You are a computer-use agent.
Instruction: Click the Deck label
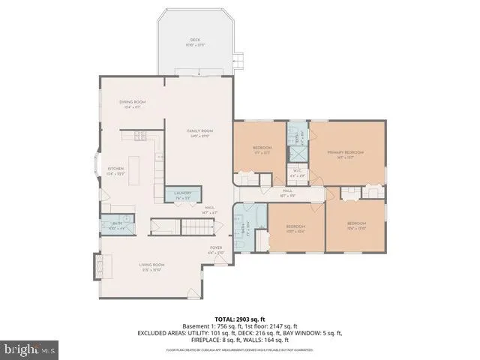[195, 42]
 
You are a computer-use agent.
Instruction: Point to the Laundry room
[183, 193]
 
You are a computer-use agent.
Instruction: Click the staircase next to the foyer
[196, 226]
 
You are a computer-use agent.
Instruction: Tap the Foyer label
[215, 248]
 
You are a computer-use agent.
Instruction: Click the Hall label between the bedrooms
[287, 192]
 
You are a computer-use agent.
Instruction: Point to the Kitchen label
[115, 169]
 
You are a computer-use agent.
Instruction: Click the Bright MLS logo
[30, 349]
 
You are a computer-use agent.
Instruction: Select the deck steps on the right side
[239, 58]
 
